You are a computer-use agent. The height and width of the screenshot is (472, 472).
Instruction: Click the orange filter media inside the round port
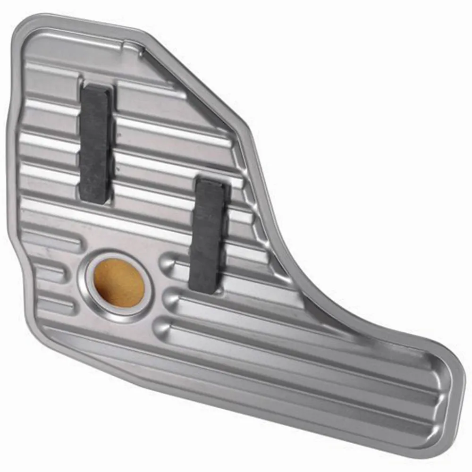pos(119,282)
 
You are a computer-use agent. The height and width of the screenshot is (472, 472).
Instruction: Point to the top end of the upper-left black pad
pos(97,90)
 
